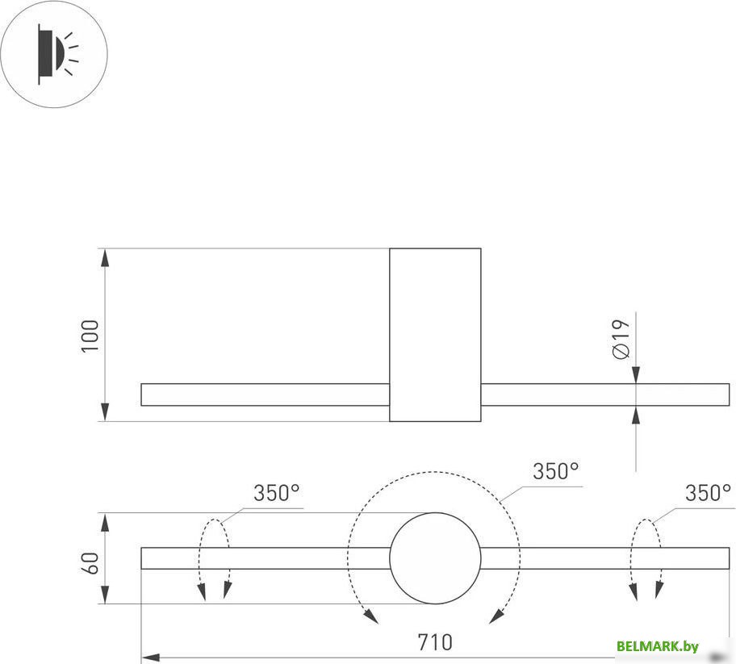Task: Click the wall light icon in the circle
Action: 54,54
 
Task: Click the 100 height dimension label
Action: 90,335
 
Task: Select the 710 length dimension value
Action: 435,643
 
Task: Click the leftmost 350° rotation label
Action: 276,493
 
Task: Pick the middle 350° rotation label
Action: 555,472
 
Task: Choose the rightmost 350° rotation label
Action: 708,493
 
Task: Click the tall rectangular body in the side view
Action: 435,334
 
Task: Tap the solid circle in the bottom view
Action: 435,558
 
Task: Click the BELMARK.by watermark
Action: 657,645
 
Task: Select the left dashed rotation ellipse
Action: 215,558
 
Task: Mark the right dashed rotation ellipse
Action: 647,558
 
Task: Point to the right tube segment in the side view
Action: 604,395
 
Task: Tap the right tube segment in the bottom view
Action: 604,558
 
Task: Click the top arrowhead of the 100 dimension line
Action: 105,257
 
